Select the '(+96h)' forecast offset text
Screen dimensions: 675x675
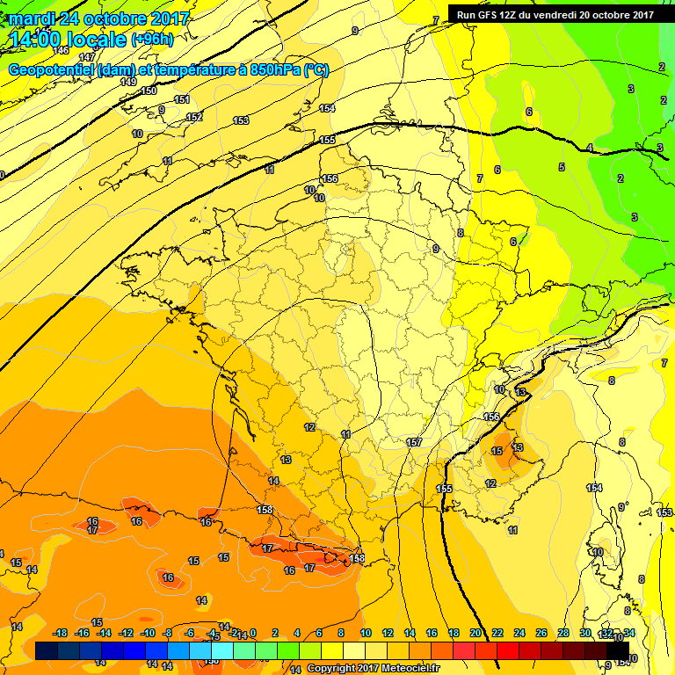[x=152, y=40]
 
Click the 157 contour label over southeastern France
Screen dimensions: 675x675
[x=415, y=442]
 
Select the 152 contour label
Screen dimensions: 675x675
[x=194, y=117]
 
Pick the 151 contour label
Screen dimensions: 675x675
[x=182, y=99]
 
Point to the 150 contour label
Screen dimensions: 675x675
[x=149, y=91]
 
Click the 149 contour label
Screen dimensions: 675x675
[x=128, y=82]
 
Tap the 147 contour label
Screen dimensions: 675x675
[x=86, y=81]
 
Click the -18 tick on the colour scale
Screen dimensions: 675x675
[x=60, y=634]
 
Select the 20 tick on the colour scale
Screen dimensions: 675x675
[x=475, y=634]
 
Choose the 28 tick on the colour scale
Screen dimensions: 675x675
[x=562, y=634]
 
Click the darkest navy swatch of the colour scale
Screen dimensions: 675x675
[x=47, y=650]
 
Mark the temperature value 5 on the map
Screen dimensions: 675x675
[x=561, y=167]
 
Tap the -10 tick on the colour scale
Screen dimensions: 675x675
[x=148, y=634]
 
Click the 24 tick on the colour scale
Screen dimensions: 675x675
[x=519, y=634]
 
